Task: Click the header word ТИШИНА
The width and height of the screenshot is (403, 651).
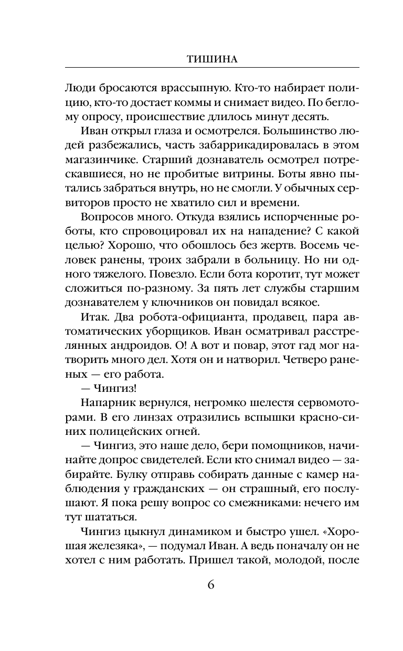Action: [212, 59]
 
